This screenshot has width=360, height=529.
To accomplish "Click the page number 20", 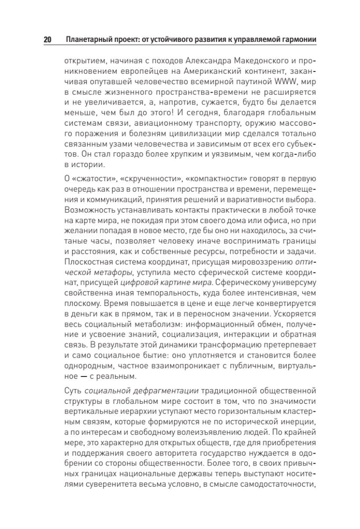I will click(x=47, y=40).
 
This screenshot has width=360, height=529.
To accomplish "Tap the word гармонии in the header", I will click(x=300, y=40).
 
